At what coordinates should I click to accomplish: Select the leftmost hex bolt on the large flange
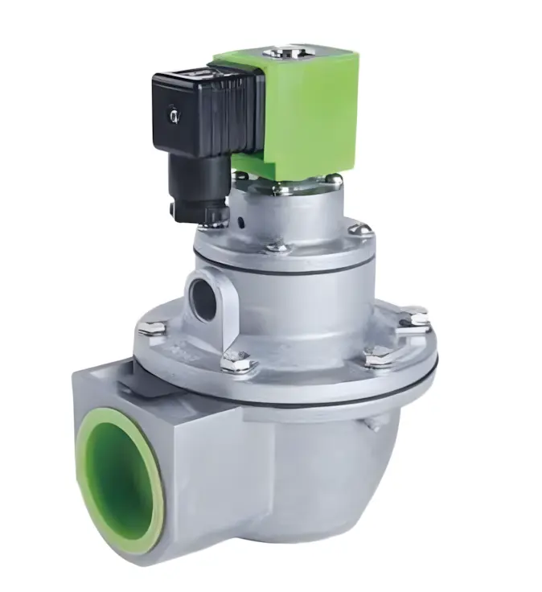click(151, 328)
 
